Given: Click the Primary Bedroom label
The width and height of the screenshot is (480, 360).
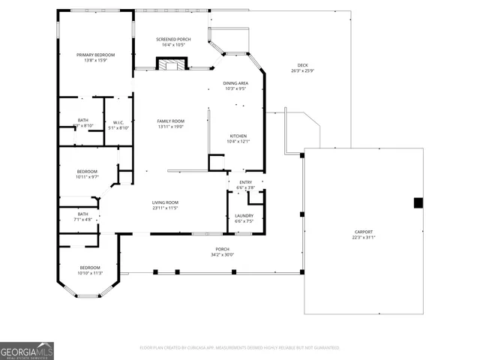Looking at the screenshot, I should pyautogui.click(x=97, y=55).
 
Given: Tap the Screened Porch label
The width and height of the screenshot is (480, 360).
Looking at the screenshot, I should pyautogui.click(x=172, y=39).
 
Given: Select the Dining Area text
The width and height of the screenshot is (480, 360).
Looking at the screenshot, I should pyautogui.click(x=235, y=83).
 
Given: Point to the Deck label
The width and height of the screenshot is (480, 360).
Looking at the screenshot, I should pyautogui.click(x=302, y=65).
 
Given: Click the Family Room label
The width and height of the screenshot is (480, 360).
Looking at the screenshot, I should pyautogui.click(x=171, y=121).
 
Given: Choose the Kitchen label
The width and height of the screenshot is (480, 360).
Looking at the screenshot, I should pyautogui.click(x=238, y=136).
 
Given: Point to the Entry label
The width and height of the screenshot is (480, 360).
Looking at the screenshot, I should pyautogui.click(x=246, y=182).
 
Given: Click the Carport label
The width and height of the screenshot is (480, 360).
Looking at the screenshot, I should pyautogui.click(x=364, y=232).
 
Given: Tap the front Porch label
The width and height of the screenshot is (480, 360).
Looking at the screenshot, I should pyautogui.click(x=223, y=249).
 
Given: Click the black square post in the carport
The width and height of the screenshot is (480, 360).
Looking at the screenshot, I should pyautogui.click(x=418, y=202).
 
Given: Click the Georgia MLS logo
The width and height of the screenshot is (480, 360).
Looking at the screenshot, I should pyautogui.click(x=27, y=350).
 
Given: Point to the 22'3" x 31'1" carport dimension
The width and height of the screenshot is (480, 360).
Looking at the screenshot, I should pyautogui.click(x=364, y=238).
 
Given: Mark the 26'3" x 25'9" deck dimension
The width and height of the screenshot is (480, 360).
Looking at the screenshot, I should pyautogui.click(x=302, y=71).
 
